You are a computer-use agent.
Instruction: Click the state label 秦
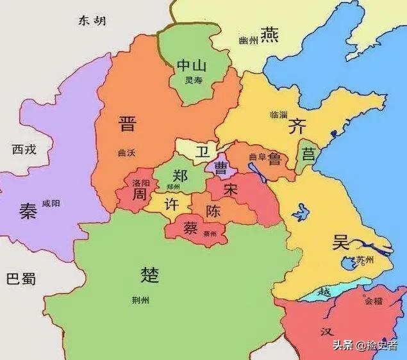28,212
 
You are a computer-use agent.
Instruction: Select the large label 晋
128,124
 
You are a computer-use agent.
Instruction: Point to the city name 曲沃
128,152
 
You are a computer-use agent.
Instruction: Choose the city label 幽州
248,41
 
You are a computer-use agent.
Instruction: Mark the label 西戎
25,150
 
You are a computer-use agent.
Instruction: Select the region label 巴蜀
21,279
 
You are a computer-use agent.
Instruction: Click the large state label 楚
149,275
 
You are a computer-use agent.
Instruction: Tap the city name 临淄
279,115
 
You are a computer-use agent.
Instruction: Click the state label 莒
309,154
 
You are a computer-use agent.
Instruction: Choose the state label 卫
203,152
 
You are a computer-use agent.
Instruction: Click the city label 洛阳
141,183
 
